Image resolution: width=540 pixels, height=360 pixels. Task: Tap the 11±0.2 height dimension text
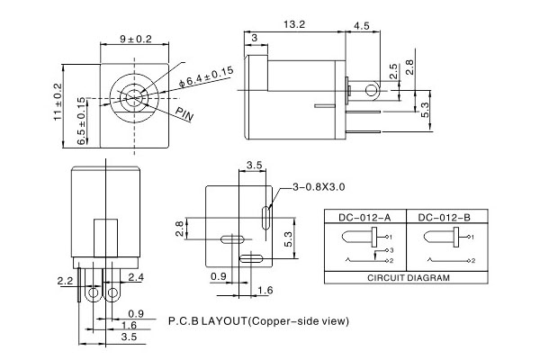tap(58, 102)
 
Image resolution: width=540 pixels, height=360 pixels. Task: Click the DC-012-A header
tap(364, 216)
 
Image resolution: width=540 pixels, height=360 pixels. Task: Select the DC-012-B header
tap(448, 216)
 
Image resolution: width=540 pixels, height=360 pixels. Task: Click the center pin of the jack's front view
tap(133, 96)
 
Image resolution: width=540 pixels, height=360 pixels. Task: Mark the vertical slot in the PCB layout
tap(265, 218)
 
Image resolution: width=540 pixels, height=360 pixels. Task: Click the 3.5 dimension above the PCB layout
tap(254, 166)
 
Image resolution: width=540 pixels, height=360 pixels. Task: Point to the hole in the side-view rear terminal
tap(369, 90)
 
